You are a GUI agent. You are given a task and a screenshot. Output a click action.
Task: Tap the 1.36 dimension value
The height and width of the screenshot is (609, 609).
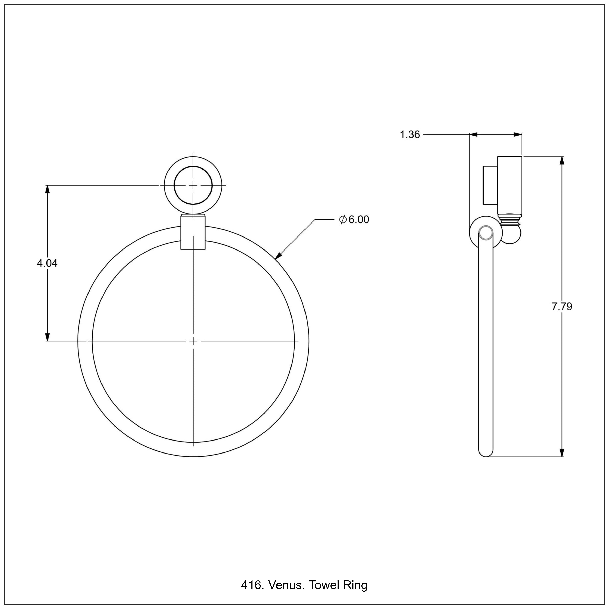(410, 135)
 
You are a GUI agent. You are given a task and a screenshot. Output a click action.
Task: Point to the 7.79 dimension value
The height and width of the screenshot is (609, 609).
(562, 306)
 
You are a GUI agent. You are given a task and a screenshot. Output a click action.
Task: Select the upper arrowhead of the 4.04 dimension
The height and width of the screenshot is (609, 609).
(48, 189)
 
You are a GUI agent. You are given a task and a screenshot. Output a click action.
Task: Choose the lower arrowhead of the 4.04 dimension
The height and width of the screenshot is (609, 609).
(48, 337)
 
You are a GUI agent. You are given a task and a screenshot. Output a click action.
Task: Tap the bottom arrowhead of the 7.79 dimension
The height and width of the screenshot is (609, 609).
(561, 452)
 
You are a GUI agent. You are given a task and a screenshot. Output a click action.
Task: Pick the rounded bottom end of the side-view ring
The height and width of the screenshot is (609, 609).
(486, 453)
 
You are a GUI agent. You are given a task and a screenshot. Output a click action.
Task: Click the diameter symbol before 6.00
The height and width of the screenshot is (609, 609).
(343, 219)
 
